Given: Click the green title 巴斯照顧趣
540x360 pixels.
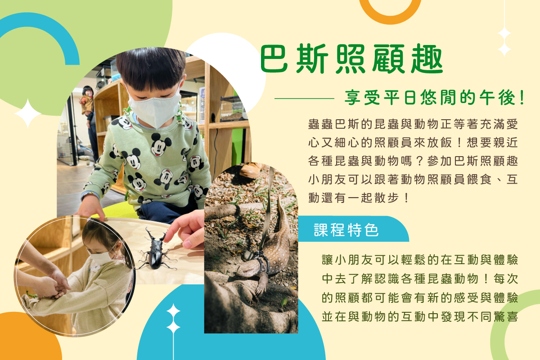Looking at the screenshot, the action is click(351, 59).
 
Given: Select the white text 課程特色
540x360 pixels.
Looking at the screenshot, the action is click(346, 230).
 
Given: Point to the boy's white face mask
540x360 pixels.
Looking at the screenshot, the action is click(155, 108).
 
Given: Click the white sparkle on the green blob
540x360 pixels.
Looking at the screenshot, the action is click(28, 113).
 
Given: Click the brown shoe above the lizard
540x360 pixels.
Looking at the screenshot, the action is click(251, 170).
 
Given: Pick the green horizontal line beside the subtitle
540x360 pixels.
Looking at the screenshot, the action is click(304, 99).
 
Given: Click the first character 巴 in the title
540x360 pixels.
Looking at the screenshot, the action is click(274, 59).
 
